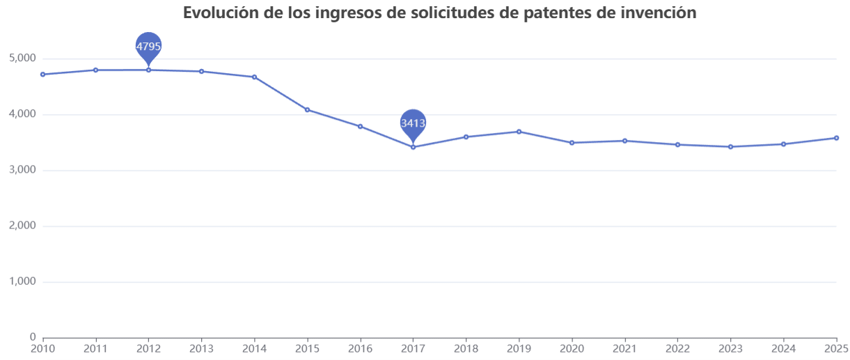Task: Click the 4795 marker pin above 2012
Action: click(148, 46)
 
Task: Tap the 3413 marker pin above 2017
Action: click(413, 123)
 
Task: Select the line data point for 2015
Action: click(307, 109)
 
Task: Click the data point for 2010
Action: click(43, 75)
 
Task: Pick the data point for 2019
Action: click(519, 132)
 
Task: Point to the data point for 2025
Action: click(836, 138)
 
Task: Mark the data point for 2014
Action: click(254, 77)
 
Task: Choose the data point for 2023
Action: click(730, 147)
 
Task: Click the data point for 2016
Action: click(360, 126)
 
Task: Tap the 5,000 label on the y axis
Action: click(22, 58)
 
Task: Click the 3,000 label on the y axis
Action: click(22, 171)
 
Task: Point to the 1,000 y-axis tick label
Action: click(22, 282)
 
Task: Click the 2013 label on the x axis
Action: click(201, 348)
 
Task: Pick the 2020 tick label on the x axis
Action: click(572, 348)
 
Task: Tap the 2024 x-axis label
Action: click(783, 348)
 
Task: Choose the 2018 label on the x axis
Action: click(466, 348)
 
